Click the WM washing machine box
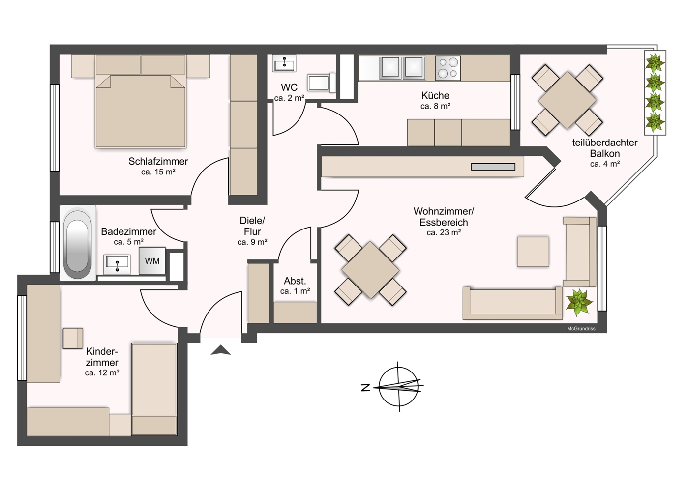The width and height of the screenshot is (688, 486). click(152, 261)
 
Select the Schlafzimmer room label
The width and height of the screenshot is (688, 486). click(158, 161)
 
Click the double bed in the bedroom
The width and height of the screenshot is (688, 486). click(141, 111)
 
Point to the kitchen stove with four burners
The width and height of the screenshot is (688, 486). click(448, 68)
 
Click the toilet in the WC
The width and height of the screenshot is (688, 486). click(320, 83)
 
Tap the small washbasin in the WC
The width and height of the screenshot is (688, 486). click(284, 63)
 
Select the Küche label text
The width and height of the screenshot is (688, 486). click(435, 95)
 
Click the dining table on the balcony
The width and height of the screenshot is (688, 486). click(567, 100)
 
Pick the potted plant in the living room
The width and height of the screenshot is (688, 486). click(579, 302)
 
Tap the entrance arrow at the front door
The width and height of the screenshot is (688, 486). click(221, 350)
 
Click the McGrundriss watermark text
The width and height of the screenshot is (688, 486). click(581, 329)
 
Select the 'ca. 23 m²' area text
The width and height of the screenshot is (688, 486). click(444, 233)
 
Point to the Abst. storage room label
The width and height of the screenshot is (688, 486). click(295, 281)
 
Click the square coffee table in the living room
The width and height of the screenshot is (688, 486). click(533, 252)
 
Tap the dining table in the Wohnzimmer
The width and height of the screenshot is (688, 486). click(370, 270)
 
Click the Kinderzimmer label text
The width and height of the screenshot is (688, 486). click(102, 357)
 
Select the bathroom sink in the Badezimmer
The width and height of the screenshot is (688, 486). click(117, 264)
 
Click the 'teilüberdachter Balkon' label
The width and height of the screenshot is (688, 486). click(604, 148)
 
